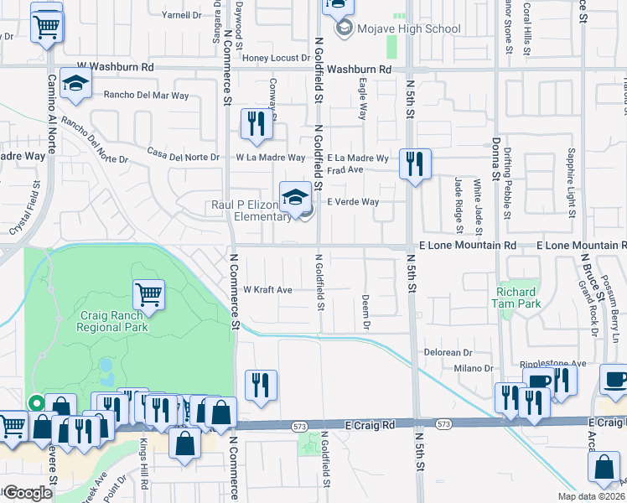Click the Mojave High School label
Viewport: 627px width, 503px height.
(398, 29)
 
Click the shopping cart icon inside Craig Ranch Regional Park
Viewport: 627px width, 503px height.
(148, 293)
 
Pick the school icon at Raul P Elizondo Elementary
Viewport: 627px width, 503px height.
(294, 197)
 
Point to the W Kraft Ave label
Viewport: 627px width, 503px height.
(267, 290)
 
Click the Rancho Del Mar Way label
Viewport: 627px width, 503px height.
(146, 96)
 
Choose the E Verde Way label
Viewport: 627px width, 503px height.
(353, 202)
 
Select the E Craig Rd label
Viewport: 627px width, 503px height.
(370, 426)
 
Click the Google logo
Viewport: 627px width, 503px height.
(28, 493)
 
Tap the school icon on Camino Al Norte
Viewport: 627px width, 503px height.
(75, 85)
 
